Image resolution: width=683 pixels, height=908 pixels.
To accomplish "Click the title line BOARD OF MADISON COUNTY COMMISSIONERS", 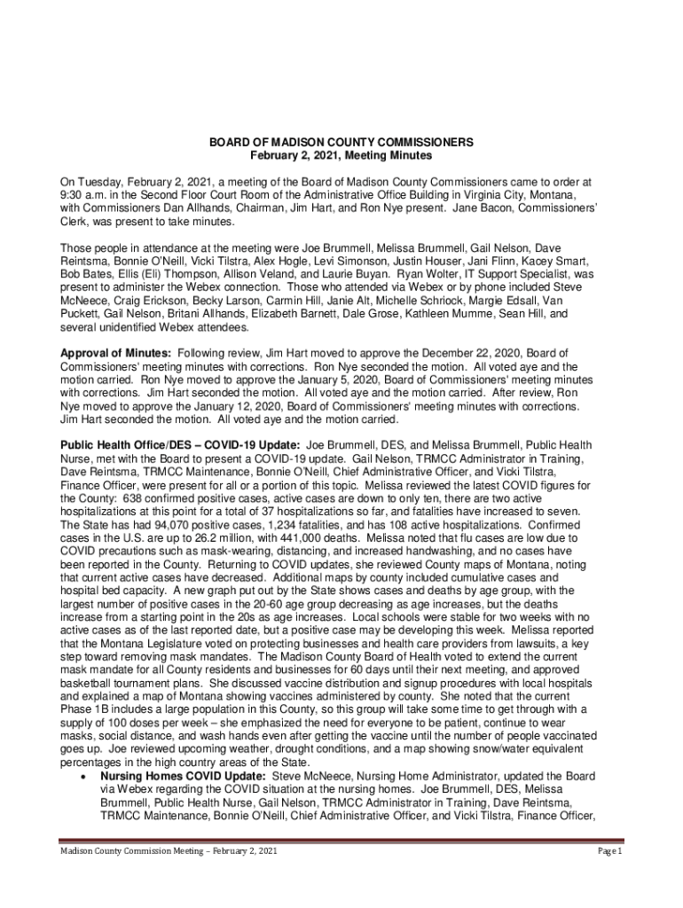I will (x=341, y=142).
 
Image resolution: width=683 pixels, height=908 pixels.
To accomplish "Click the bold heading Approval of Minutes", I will (x=115, y=354).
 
